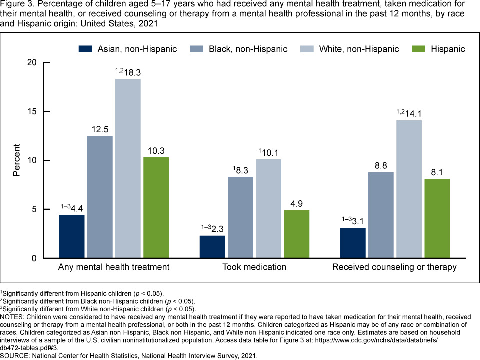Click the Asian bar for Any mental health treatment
[x=72, y=236]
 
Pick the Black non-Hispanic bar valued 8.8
[x=381, y=215]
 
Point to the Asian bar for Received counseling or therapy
[x=353, y=243]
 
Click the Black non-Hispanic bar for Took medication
[x=240, y=217]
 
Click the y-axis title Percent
[x=17, y=160]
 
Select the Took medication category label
[x=254, y=267]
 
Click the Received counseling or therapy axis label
[x=394, y=267]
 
